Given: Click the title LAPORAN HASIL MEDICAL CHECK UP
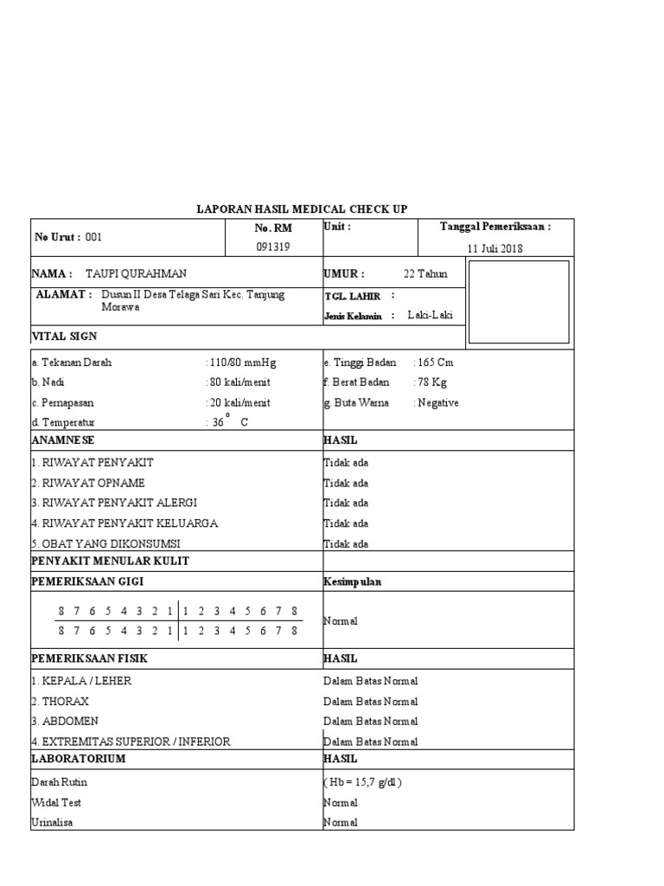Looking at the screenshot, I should coord(302,209).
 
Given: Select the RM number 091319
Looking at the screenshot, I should coord(272,247).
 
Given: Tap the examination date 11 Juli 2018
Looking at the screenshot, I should coord(495,248).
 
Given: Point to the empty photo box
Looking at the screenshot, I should coord(519,302).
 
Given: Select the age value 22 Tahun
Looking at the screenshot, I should coord(425,274).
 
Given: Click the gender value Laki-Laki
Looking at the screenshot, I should coord(431,316).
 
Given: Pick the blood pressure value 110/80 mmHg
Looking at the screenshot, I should coord(243,363).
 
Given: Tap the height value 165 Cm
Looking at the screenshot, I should coord(436,363).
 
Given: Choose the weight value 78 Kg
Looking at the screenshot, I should coord(433,382).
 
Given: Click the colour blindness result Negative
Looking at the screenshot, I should coord(438,403).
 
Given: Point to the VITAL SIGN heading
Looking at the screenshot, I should coord(65,336).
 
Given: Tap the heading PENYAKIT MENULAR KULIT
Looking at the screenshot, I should coord(110,561).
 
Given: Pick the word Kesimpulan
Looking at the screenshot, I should coord(353,582).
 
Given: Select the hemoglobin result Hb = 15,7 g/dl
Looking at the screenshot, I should coord(363,782).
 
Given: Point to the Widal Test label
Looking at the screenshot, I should coord(56,803).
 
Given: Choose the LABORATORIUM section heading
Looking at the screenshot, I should coord(79,759).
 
